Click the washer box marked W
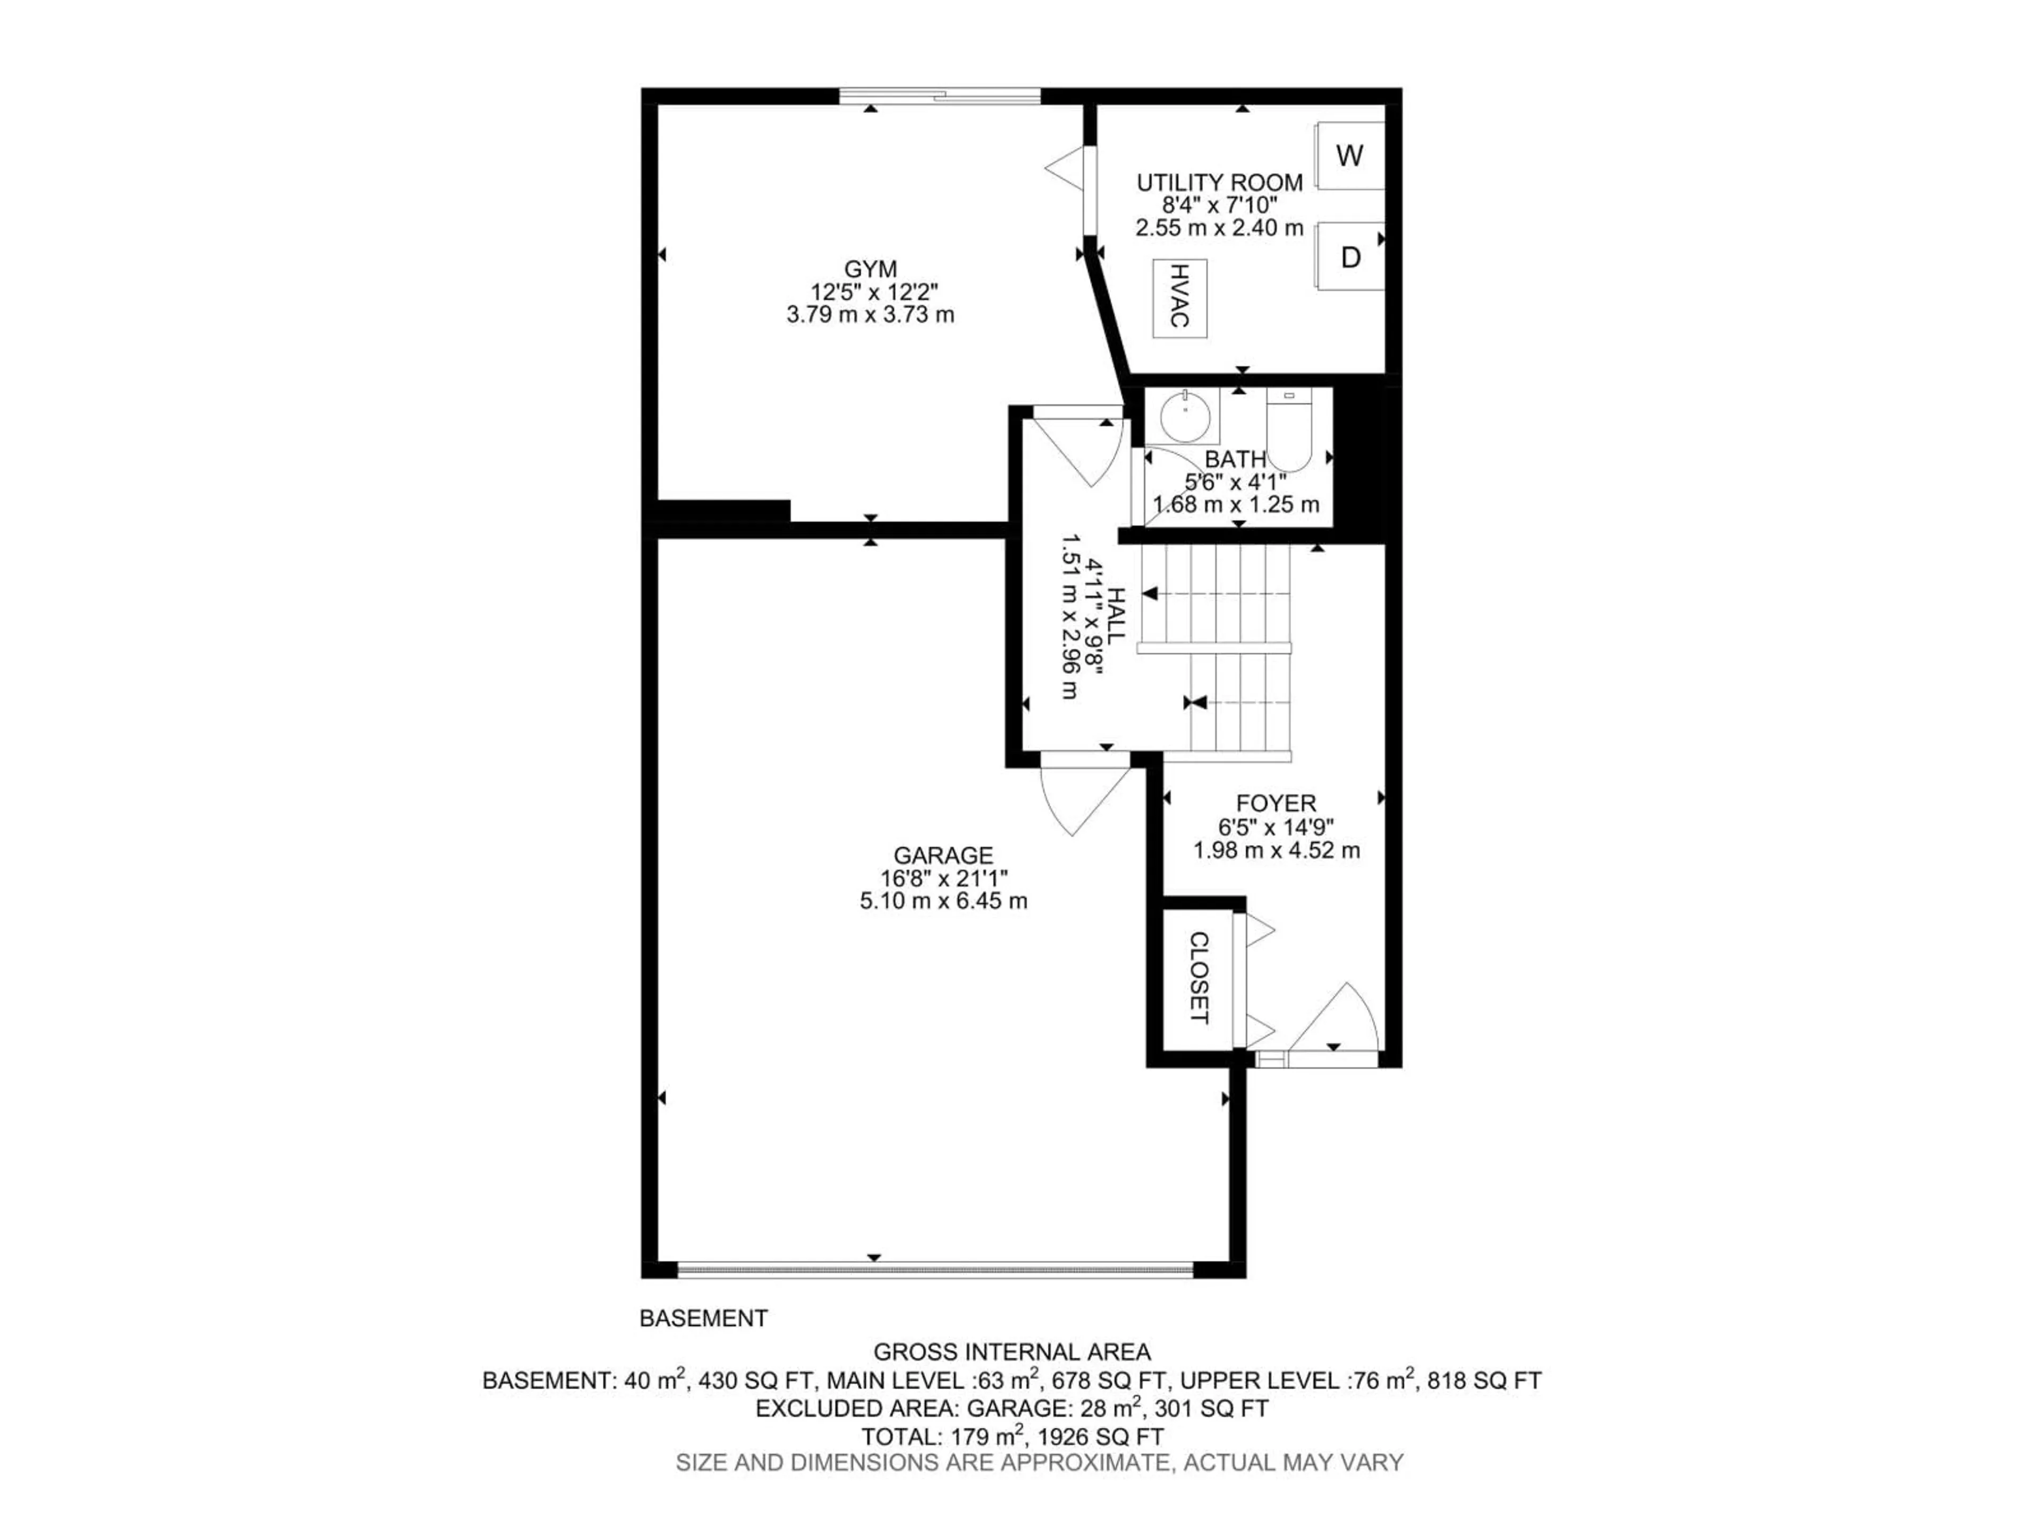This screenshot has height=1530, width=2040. click(1349, 156)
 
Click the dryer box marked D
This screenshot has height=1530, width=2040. click(1350, 257)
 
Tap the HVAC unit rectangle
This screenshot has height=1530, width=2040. click(1179, 297)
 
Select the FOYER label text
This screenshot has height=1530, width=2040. click(1277, 802)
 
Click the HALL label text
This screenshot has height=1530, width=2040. click(1117, 616)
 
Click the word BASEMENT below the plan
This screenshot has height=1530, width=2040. click(704, 1319)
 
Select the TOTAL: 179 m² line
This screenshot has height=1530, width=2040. click(1011, 1436)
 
